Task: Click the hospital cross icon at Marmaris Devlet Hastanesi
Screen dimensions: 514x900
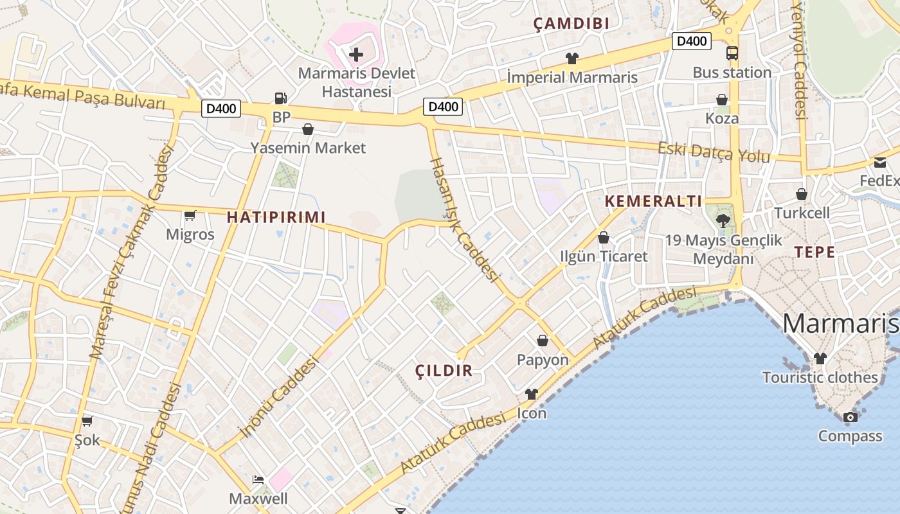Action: click(355, 55)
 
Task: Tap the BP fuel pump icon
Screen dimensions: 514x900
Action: click(280, 98)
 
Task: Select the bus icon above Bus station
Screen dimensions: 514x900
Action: click(732, 53)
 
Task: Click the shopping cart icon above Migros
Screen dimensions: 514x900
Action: click(190, 216)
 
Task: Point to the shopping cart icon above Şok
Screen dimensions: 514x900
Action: click(87, 421)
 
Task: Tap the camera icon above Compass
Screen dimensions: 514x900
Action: click(850, 418)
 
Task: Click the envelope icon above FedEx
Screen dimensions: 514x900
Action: click(879, 163)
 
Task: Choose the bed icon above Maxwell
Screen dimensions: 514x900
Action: click(258, 480)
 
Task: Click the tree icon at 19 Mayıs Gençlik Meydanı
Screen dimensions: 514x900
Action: click(723, 221)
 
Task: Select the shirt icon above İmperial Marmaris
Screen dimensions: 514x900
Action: click(571, 58)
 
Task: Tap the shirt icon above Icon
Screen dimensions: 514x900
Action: click(531, 394)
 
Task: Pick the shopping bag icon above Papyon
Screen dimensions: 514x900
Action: click(543, 341)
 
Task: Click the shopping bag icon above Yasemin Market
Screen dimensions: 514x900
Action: click(308, 130)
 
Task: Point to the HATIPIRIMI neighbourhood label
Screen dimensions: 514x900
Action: click(276, 217)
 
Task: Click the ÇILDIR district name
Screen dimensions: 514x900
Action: click(444, 370)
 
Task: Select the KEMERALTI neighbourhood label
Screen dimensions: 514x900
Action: click(653, 201)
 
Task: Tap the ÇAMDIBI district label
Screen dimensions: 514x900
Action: click(571, 24)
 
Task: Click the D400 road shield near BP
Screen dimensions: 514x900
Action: click(221, 109)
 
